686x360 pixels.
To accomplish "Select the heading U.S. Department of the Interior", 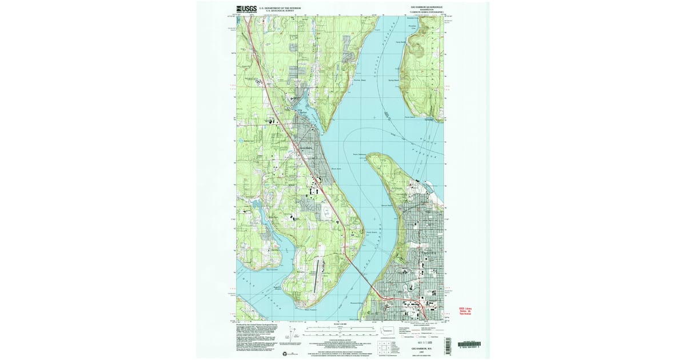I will (281, 7).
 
